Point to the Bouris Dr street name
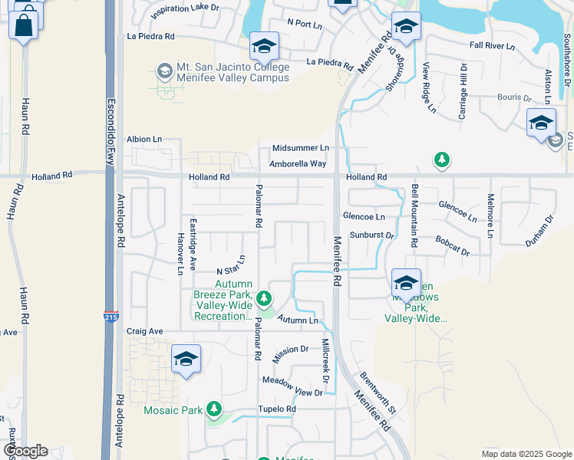(x=513, y=98)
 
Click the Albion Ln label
(x=144, y=139)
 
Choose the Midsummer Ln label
(x=300, y=148)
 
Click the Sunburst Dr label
(x=371, y=235)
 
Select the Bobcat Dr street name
(x=452, y=251)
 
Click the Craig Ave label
(x=145, y=331)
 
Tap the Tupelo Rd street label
(x=277, y=409)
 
